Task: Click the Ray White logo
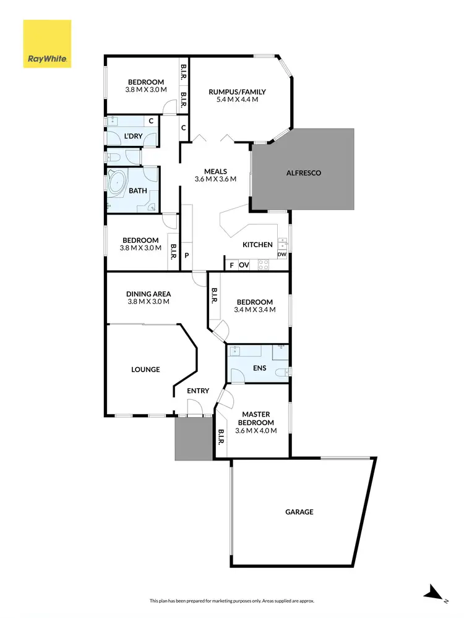tap(47, 43)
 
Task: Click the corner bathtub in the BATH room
tap(118, 184)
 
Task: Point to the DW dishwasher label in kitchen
tap(282, 254)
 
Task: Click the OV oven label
tap(244, 265)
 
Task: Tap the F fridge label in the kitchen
tap(231, 265)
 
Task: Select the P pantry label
tap(186, 255)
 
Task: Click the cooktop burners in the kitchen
tap(263, 265)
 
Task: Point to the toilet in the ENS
tap(282, 371)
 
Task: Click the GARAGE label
tap(299, 512)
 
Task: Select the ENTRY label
tap(198, 391)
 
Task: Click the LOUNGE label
tap(145, 370)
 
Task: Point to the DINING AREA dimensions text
tap(148, 302)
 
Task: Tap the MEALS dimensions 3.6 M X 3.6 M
tap(216, 180)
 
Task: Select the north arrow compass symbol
tap(434, 594)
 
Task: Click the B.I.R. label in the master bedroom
tap(221, 438)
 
